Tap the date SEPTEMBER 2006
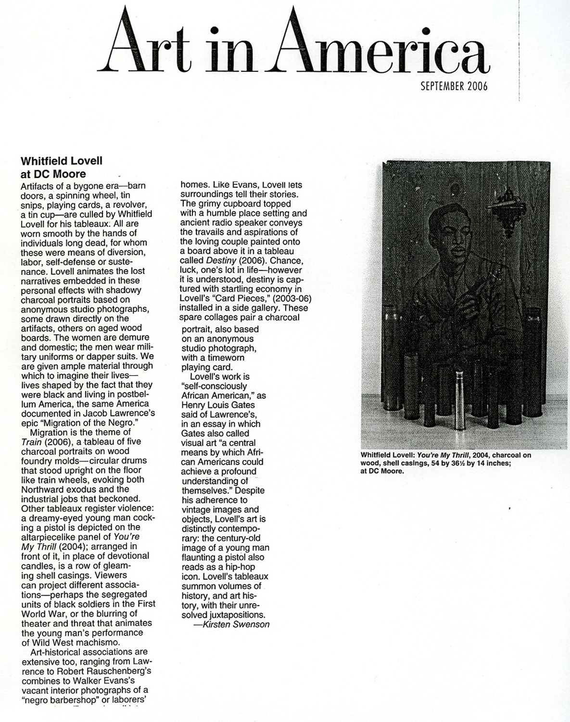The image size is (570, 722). tap(454, 86)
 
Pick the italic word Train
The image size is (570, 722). tap(31, 441)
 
